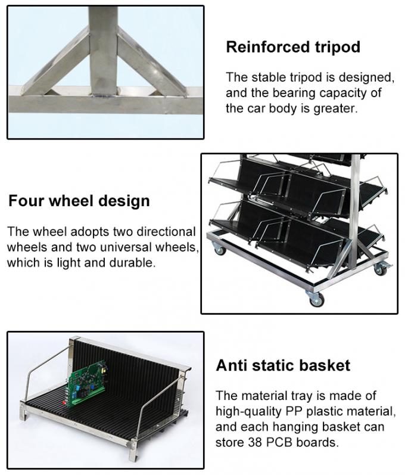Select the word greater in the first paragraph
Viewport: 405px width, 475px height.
(x=335, y=109)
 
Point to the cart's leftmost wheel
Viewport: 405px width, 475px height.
(x=219, y=251)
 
